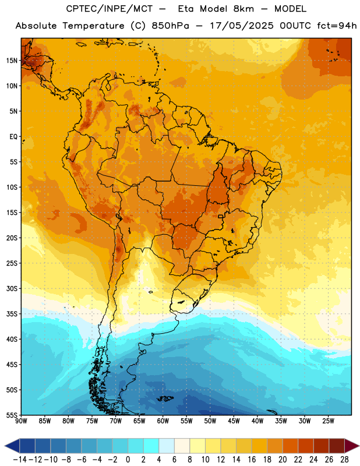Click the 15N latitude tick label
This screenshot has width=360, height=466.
pyautogui.click(x=12, y=61)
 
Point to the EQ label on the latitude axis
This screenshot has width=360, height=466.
pyautogui.click(x=13, y=137)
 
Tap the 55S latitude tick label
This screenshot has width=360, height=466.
pyautogui.click(x=12, y=415)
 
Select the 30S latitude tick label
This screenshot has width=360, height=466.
pyautogui.click(x=12, y=288)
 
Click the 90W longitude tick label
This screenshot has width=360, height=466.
pyautogui.click(x=21, y=421)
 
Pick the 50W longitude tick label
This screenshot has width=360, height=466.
pyautogui.click(x=210, y=421)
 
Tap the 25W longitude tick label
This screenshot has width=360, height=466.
pyautogui.click(x=328, y=421)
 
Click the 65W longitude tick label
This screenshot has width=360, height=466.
pyautogui.click(x=139, y=421)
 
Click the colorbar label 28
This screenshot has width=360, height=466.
pyautogui.click(x=344, y=460)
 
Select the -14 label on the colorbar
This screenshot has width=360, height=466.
pyautogui.click(x=20, y=460)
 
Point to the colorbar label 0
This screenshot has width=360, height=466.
pyautogui.click(x=128, y=460)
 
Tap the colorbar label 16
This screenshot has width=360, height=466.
pyautogui.click(x=252, y=460)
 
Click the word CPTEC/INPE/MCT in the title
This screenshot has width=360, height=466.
pyautogui.click(x=110, y=9)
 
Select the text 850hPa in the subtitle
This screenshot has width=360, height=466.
pyautogui.click(x=170, y=26)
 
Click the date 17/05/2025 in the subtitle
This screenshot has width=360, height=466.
pyautogui.click(x=242, y=26)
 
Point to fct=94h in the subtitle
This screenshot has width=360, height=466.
pyautogui.click(x=337, y=26)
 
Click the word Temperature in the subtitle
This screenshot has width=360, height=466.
pyautogui.click(x=94, y=26)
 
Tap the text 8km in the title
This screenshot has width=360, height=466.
pyautogui.click(x=243, y=9)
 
